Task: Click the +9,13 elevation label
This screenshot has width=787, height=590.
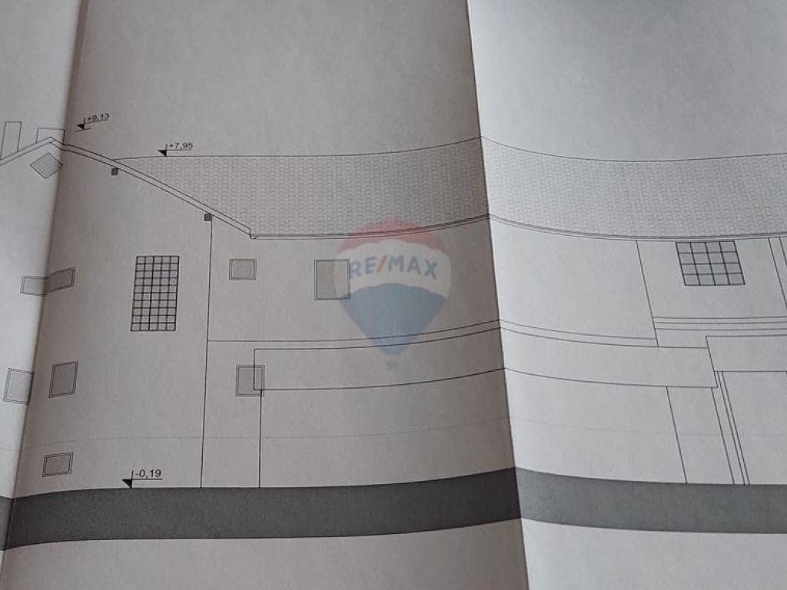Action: coord(98,118)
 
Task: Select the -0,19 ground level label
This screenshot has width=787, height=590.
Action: coord(148,475)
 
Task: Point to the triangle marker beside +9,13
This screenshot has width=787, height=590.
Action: coord(81,125)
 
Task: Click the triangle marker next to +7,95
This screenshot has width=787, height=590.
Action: coord(162,152)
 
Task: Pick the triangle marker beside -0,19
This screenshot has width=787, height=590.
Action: coord(127,482)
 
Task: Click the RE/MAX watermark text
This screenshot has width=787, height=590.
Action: coord(393,268)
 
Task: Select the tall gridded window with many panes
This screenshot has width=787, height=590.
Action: coord(154,293)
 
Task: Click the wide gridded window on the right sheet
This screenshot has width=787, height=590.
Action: coord(709,263)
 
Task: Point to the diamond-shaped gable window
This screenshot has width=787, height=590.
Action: coord(46,164)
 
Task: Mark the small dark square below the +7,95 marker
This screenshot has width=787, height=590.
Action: coord(115,171)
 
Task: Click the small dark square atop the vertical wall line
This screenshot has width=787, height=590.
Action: coord(207,217)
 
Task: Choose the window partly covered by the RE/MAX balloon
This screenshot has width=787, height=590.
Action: coord(332,279)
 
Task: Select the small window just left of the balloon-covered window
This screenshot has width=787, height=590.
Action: coord(242,269)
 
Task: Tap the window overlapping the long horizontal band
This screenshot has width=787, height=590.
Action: coord(250,380)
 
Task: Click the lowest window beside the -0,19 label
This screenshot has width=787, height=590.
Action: coord(58,463)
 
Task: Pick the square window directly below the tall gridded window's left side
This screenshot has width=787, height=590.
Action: coord(63,379)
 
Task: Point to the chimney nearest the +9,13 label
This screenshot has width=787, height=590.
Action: coord(50,135)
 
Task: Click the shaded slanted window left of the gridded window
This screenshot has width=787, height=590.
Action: coord(60,280)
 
